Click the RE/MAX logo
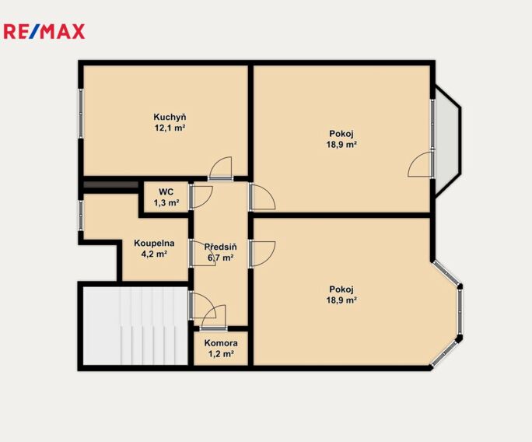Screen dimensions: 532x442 pos(44,32)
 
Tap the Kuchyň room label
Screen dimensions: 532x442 pos(170,118)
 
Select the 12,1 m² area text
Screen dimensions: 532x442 pos(170,128)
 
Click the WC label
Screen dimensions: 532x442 pos(166,191)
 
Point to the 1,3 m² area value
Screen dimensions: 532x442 pos(166,203)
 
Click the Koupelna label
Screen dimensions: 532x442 pos(154,243)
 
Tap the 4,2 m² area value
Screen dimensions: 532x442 pos(154,254)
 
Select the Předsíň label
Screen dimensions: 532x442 pos(221,247)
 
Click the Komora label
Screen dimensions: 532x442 pos(221,343)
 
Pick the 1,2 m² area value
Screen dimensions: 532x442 pos(221,354)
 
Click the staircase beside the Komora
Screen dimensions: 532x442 pos(135,326)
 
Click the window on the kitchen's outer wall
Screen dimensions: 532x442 pos(81,113)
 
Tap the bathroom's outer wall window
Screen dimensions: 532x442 pos(81,216)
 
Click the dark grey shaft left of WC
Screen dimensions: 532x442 pos(110,184)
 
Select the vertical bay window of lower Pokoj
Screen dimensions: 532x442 pos(460,312)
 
